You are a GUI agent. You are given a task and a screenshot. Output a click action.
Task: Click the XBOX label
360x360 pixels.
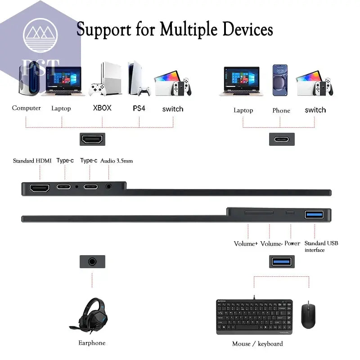(x=102, y=108)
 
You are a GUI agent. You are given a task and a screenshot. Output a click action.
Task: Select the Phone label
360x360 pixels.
(x=281, y=110)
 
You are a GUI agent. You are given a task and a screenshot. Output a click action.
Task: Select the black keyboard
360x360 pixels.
(x=255, y=317)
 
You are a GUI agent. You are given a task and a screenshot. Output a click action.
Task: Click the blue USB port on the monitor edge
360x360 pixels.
(x=314, y=214)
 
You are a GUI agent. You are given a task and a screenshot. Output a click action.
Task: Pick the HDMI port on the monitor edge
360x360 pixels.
(x=40, y=188)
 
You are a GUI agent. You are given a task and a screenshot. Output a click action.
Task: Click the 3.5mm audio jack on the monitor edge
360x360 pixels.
(x=108, y=186)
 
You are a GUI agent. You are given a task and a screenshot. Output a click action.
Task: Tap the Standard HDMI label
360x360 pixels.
(x=32, y=161)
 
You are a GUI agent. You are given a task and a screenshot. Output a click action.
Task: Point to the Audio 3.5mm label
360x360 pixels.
(x=117, y=161)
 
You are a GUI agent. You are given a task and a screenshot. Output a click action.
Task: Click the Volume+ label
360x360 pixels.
(x=246, y=243)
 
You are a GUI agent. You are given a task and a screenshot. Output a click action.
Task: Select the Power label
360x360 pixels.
(x=292, y=243)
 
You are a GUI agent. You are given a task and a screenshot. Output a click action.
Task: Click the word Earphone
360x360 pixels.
(x=91, y=343)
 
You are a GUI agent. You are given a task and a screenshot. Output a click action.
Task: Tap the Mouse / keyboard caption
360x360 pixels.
(x=257, y=344)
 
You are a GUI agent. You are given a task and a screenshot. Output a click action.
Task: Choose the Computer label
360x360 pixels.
(x=26, y=108)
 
